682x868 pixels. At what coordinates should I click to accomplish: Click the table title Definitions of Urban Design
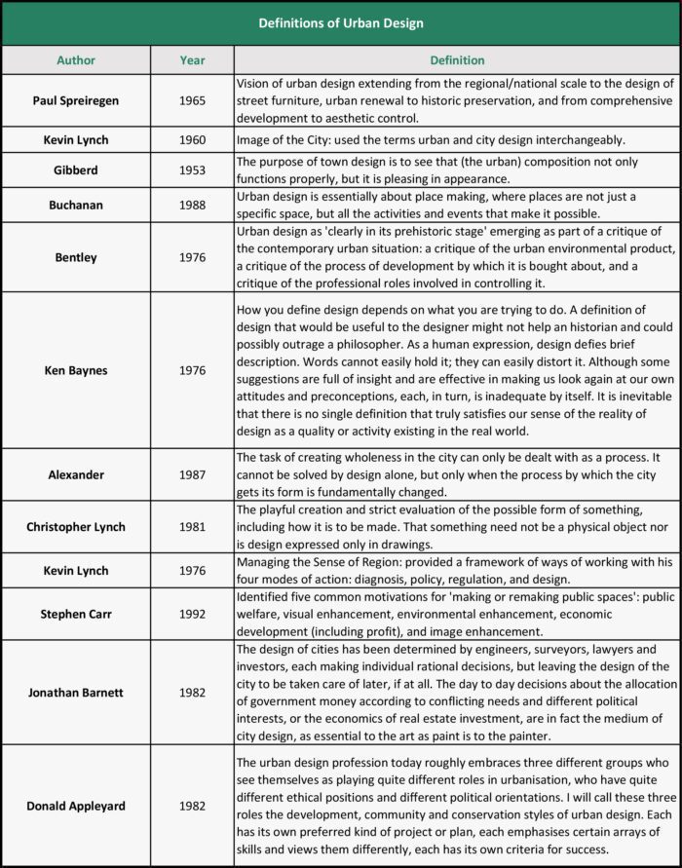pyautogui.click(x=341, y=22)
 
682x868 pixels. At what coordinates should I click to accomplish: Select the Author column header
pyautogui.click(x=76, y=60)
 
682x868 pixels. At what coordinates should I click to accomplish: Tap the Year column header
pyautogui.click(x=193, y=60)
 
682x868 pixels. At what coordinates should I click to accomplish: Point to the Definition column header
pyautogui.click(x=457, y=60)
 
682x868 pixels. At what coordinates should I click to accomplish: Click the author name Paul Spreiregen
pyautogui.click(x=76, y=100)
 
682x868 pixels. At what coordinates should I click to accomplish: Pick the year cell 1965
pyautogui.click(x=193, y=100)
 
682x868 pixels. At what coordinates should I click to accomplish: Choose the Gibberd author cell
pyautogui.click(x=76, y=170)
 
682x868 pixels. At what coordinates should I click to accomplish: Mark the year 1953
pyautogui.click(x=193, y=170)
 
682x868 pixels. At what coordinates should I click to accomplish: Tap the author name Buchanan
pyautogui.click(x=76, y=204)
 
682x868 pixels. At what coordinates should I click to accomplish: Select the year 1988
pyautogui.click(x=193, y=204)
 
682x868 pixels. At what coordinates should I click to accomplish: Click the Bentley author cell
pyautogui.click(x=76, y=257)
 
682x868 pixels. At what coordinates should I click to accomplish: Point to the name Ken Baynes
pyautogui.click(x=76, y=370)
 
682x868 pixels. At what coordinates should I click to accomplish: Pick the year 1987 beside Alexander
pyautogui.click(x=193, y=474)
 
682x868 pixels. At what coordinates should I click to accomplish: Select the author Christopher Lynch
pyautogui.click(x=76, y=527)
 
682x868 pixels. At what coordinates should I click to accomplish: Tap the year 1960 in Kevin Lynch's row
pyautogui.click(x=193, y=140)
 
